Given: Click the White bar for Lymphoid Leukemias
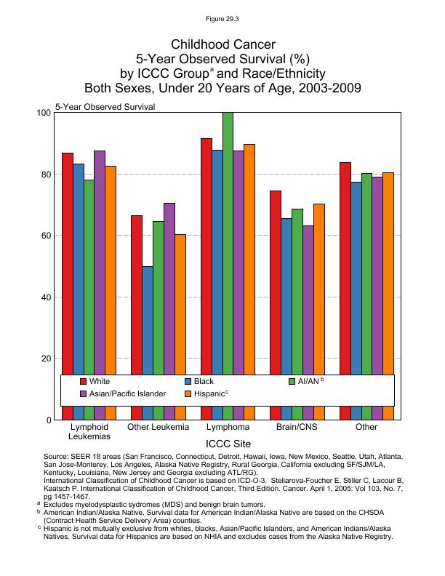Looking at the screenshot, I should pyautogui.click(x=67, y=262).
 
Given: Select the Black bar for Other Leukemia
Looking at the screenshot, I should pyautogui.click(x=148, y=320).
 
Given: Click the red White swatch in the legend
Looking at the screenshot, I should pyautogui.click(x=84, y=381).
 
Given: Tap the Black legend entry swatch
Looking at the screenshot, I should pyautogui.click(x=188, y=381).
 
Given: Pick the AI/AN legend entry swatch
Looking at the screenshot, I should pyautogui.click(x=293, y=381).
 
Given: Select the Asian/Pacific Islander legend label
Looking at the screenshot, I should pyautogui.click(x=128, y=393).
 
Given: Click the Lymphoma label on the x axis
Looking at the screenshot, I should pyautogui.click(x=228, y=427).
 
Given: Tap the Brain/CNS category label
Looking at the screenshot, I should pyautogui.click(x=297, y=427).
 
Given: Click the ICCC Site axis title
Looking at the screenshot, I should pyautogui.click(x=228, y=441).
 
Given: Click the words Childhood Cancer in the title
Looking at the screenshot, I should pyautogui.click(x=222, y=45).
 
